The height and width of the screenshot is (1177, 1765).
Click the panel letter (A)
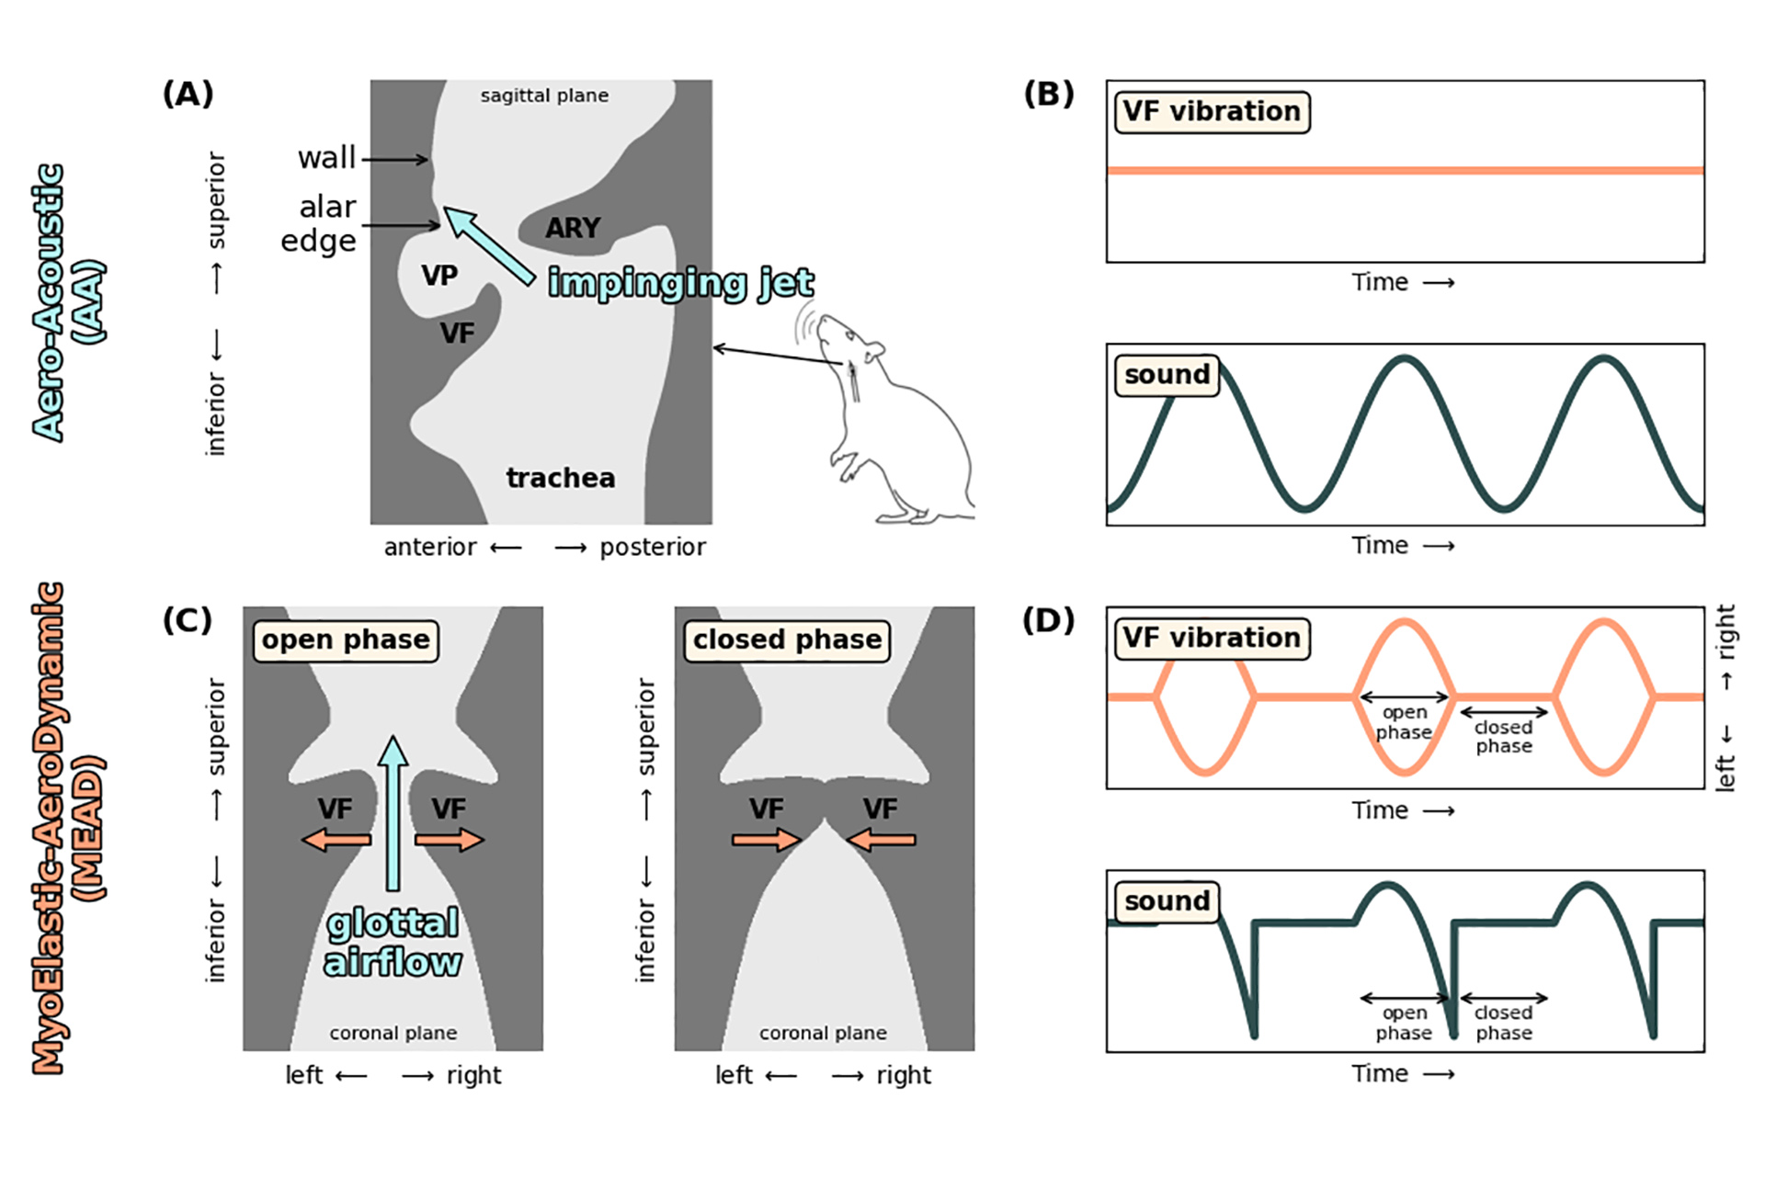click(x=188, y=94)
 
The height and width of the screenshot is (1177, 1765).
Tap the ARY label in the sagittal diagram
click(x=572, y=228)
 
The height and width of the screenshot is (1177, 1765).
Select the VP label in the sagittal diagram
click(x=439, y=275)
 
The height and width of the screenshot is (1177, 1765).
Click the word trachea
click(x=561, y=478)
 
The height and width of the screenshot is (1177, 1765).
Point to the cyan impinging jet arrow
click(x=489, y=245)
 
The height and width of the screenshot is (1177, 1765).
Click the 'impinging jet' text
click(x=681, y=283)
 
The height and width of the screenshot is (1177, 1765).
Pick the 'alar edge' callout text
click(x=318, y=223)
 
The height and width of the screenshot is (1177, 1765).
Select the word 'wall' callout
click(x=326, y=158)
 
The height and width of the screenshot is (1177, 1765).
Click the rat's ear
click(x=873, y=350)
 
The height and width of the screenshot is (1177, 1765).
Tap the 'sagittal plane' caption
click(x=544, y=96)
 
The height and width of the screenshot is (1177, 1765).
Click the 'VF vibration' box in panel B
click(x=1212, y=112)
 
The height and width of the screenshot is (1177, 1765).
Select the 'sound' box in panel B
click(x=1167, y=375)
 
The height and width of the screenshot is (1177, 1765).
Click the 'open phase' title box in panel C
click(x=346, y=640)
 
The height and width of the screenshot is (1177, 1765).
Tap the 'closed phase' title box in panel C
click(x=787, y=640)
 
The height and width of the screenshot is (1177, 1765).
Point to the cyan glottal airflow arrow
click(x=393, y=813)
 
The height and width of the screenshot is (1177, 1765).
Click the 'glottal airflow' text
click(x=393, y=943)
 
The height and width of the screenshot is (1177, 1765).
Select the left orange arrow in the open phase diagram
click(x=336, y=840)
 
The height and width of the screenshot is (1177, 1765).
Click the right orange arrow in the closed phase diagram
click(x=881, y=839)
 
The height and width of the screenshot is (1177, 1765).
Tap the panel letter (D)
click(x=1049, y=621)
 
